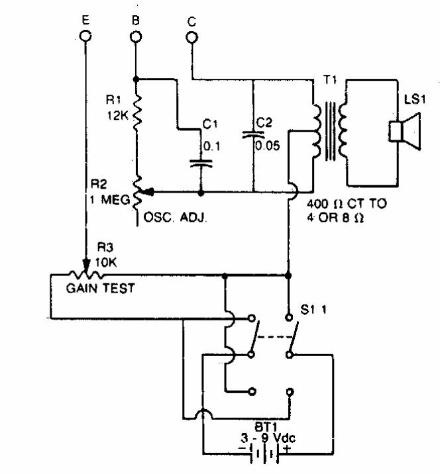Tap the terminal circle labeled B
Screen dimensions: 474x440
click(x=135, y=38)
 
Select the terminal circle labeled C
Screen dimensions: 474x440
click(x=192, y=38)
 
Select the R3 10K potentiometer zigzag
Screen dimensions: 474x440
click(x=83, y=272)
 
